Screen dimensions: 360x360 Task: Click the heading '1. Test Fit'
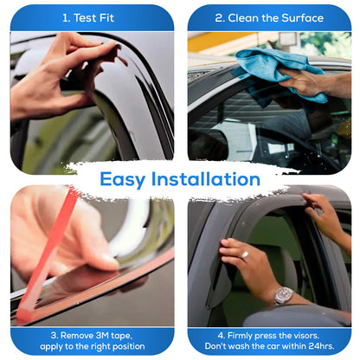click(91, 17)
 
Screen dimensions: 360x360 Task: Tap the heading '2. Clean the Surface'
click(268, 17)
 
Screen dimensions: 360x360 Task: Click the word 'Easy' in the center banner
click(129, 179)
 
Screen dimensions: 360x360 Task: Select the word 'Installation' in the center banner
click(210, 179)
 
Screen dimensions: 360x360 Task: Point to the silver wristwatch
click(283, 295)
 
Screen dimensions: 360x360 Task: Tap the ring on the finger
click(244, 255)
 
